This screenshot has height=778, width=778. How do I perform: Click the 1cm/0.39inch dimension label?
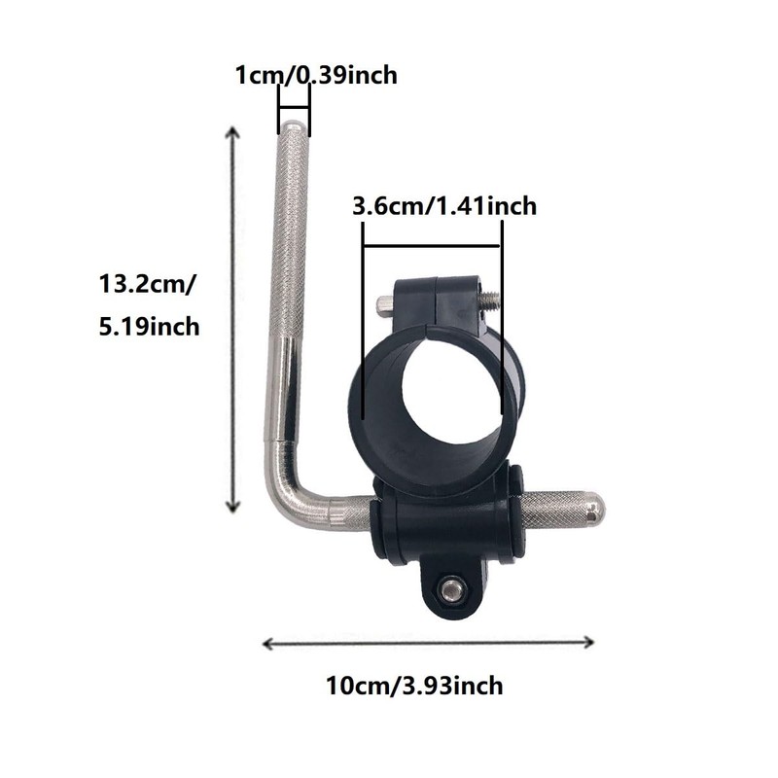(316, 76)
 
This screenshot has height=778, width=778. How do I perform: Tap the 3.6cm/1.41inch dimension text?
(444, 206)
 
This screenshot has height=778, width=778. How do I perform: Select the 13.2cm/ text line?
(148, 285)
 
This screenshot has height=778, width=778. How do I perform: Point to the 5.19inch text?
(149, 327)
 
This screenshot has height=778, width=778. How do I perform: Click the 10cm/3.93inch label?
(414, 686)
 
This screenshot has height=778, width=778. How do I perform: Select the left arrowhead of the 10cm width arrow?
(268, 644)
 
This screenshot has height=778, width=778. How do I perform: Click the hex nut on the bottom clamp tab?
(452, 590)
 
